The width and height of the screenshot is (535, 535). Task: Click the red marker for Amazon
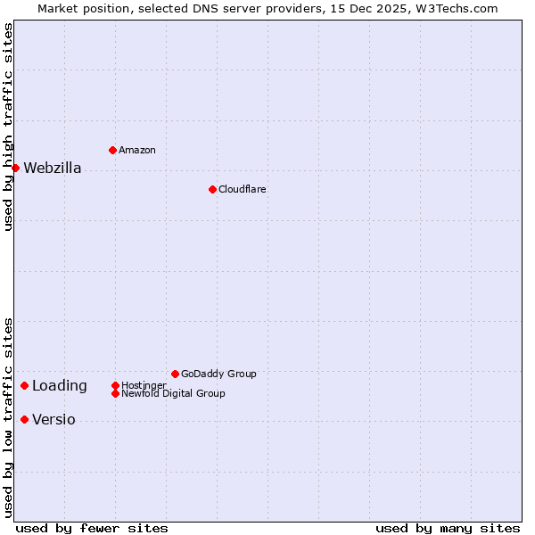click(x=112, y=150)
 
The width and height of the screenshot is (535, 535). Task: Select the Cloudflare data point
click(x=212, y=189)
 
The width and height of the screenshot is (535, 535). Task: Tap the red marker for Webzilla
click(x=15, y=168)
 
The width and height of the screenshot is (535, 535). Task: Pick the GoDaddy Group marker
click(x=175, y=374)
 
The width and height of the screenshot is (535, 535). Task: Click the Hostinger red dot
click(x=115, y=385)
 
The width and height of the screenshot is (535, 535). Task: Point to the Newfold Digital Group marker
click(x=115, y=393)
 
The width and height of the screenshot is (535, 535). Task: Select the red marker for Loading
click(x=24, y=385)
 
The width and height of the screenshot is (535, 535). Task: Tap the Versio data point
click(x=24, y=419)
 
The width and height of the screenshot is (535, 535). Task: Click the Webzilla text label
click(x=53, y=169)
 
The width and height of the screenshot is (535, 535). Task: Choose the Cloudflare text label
click(x=242, y=189)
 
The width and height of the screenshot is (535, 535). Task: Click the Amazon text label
click(x=136, y=150)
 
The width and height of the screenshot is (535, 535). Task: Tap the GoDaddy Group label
click(x=218, y=374)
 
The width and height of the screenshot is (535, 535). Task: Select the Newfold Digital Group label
click(x=173, y=393)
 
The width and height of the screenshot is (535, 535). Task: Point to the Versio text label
click(x=53, y=420)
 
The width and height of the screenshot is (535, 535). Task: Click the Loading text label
click(x=60, y=386)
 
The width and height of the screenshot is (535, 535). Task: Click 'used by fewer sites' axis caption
click(x=92, y=528)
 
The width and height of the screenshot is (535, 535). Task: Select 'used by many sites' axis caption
click(x=448, y=528)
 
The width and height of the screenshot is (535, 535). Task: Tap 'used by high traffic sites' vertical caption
click(x=8, y=128)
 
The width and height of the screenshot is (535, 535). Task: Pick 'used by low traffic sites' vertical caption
click(x=8, y=417)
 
